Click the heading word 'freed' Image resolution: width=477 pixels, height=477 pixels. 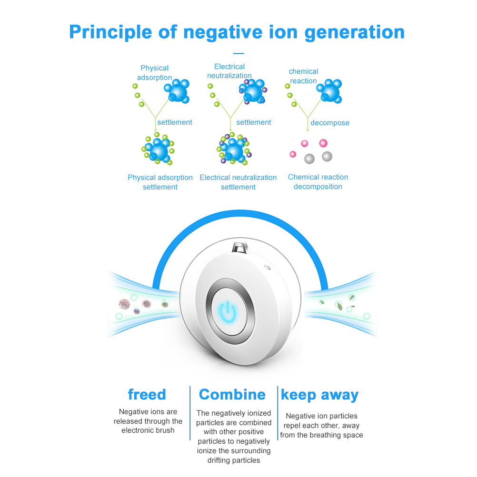pos(147,395)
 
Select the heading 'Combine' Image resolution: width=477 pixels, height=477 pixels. pos(232,395)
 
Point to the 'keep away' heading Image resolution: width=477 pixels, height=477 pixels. pos(319,395)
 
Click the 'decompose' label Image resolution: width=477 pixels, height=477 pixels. pos(329,123)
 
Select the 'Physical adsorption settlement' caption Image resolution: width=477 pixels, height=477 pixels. pos(160,182)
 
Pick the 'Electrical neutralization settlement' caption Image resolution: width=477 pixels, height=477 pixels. pos(238,182)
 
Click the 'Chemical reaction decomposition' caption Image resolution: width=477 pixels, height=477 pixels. pos(318,181)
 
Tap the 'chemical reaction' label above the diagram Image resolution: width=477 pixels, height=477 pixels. pos(303,76)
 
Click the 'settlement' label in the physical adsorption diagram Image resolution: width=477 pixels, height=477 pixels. pos(174,122)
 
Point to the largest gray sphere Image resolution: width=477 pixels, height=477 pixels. pos(327,156)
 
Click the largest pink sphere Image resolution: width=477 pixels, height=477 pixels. pos(323,143)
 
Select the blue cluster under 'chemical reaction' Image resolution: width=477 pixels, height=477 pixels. pos(329,90)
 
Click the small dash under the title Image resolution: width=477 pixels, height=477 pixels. pos(238,53)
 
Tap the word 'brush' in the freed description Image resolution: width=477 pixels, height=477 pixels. pos(165,430)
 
